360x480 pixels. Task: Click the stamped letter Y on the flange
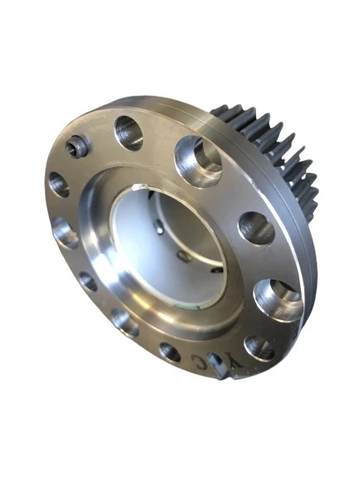click(x=236, y=364)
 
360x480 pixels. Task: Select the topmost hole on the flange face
click(x=128, y=131)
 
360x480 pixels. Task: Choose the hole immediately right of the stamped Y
click(x=260, y=347)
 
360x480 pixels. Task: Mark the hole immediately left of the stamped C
click(x=169, y=351)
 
